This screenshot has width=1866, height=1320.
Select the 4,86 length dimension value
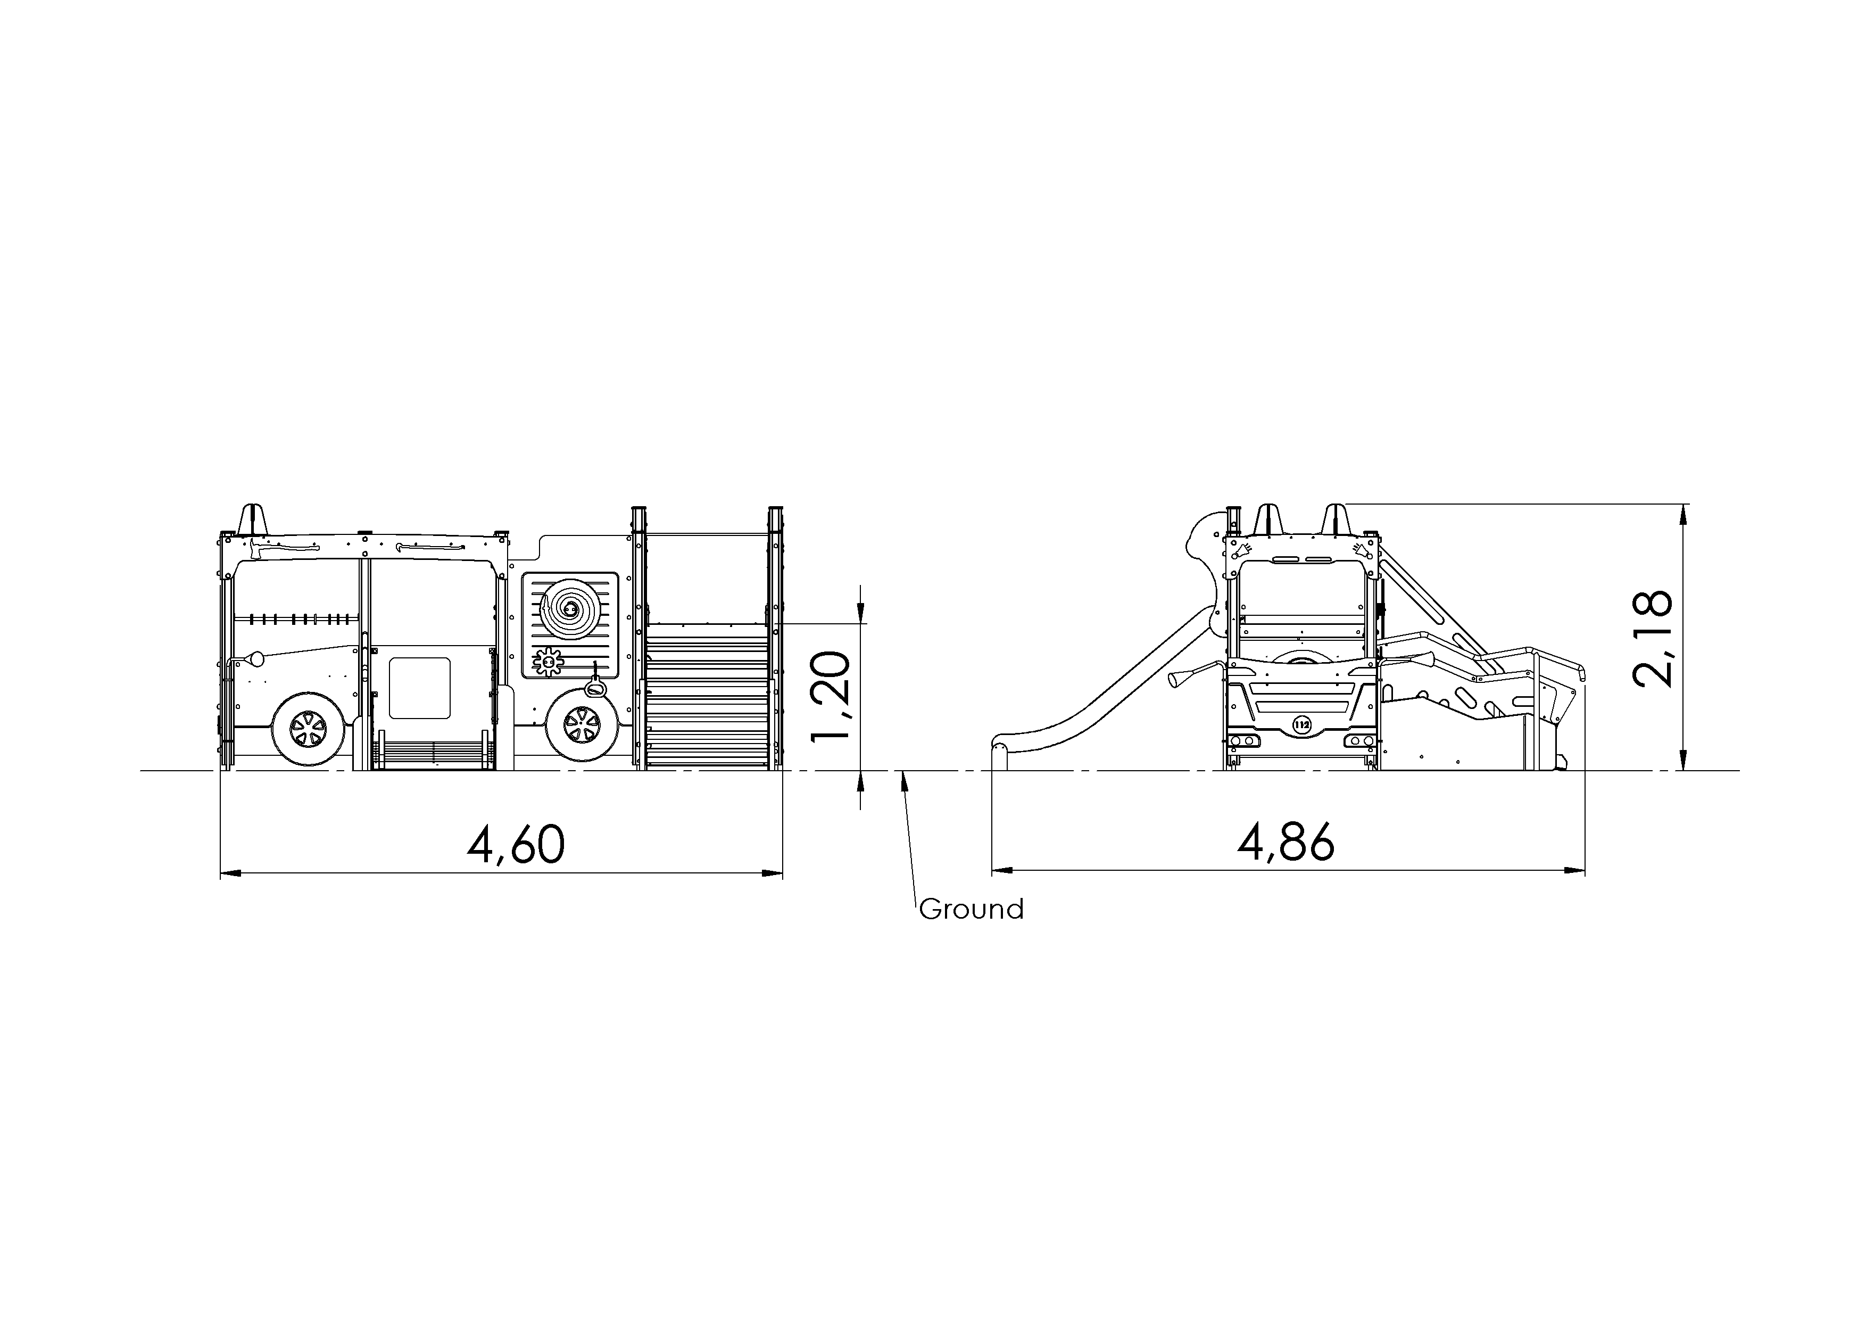click(1286, 841)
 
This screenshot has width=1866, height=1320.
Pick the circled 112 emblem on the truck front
click(1302, 725)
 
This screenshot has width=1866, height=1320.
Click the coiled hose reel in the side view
click(570, 609)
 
